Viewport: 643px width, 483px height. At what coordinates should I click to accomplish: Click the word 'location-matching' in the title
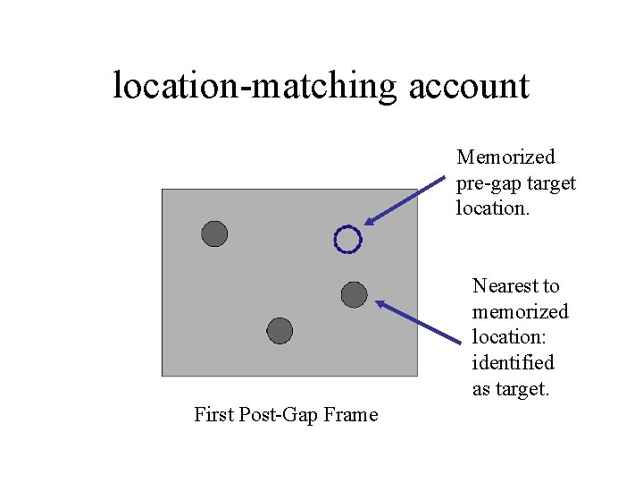pyautogui.click(x=255, y=86)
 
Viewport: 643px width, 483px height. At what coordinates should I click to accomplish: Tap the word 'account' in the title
pyautogui.click(x=470, y=86)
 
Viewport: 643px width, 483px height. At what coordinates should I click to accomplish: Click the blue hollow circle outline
pyautogui.click(x=347, y=239)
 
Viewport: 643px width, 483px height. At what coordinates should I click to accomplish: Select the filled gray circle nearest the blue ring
pyautogui.click(x=354, y=294)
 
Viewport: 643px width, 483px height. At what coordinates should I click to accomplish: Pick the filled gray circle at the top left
pyautogui.click(x=214, y=233)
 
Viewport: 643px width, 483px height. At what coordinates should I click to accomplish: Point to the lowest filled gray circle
pyautogui.click(x=280, y=331)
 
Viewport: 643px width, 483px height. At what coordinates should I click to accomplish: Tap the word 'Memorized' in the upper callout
pyautogui.click(x=505, y=157)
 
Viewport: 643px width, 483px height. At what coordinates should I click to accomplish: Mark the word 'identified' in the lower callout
pyautogui.click(x=514, y=363)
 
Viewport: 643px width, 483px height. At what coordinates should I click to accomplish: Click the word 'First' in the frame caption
pyautogui.click(x=213, y=415)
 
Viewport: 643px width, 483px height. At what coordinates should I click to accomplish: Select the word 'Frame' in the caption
pyautogui.click(x=352, y=415)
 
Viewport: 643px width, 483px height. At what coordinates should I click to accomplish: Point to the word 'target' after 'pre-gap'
pyautogui.click(x=552, y=183)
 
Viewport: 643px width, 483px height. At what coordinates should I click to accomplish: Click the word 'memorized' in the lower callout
pyautogui.click(x=520, y=312)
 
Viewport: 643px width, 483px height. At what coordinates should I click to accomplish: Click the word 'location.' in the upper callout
pyautogui.click(x=494, y=208)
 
